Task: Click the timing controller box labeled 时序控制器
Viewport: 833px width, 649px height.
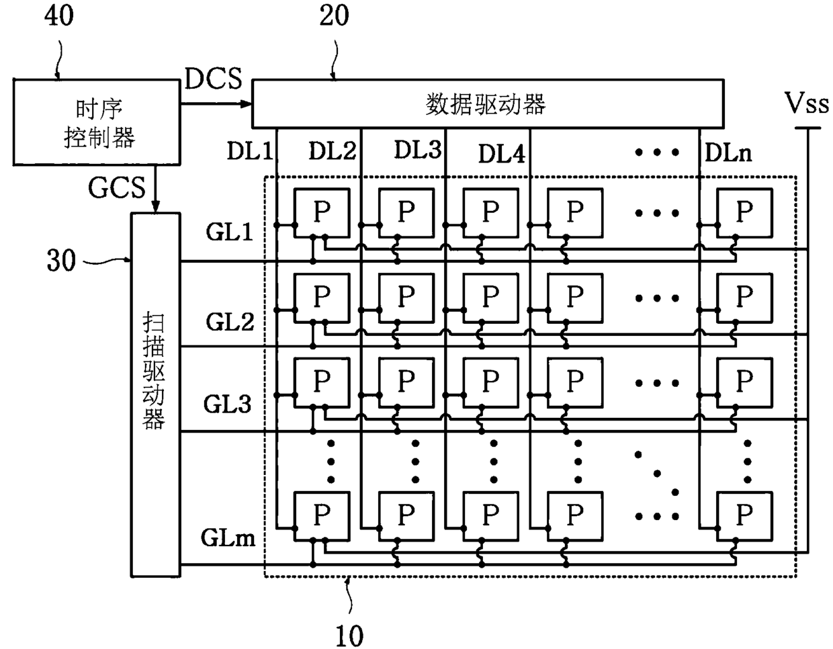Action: [x=97, y=122]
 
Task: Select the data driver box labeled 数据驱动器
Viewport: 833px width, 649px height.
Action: [x=488, y=103]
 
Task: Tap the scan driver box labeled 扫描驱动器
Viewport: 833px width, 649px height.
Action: [x=156, y=395]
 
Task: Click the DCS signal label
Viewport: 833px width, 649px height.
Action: [x=214, y=79]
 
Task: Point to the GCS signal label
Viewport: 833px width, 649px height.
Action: [x=117, y=187]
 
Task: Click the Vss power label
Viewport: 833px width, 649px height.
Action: [x=807, y=103]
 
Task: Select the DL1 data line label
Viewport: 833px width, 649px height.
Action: [x=249, y=150]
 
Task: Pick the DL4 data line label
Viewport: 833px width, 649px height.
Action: [x=502, y=154]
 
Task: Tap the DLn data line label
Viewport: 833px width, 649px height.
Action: [x=728, y=153]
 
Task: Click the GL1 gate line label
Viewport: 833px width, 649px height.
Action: [x=229, y=232]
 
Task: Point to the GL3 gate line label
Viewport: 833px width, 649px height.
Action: [x=227, y=404]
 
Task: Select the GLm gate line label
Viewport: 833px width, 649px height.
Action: [x=228, y=537]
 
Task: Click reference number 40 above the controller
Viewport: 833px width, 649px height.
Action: [x=58, y=15]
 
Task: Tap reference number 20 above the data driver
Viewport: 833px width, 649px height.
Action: [x=335, y=15]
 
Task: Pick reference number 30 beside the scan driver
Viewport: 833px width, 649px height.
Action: [x=61, y=261]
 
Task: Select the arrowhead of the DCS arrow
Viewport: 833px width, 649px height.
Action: [x=246, y=103]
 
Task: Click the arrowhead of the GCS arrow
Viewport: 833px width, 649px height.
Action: [x=155, y=207]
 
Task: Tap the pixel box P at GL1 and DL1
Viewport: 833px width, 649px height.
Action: [x=322, y=213]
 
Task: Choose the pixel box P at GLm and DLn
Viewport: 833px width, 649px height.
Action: [x=744, y=517]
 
